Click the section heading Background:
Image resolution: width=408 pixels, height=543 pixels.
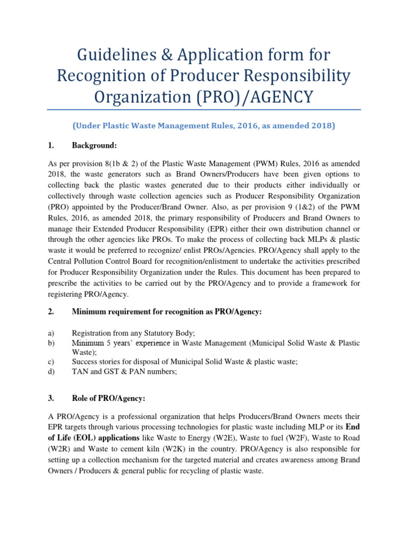(94, 145)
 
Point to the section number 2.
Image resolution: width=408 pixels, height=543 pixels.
(51, 312)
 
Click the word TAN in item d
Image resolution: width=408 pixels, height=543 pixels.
(80, 372)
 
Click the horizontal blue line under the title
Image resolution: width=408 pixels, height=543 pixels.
(203, 110)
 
